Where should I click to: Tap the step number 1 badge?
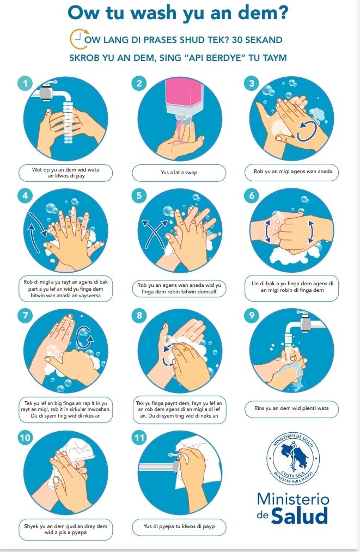click(x=25, y=83)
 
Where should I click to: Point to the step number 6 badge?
click(x=252, y=195)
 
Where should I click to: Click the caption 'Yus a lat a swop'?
click(x=179, y=173)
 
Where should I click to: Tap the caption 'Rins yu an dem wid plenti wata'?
click(x=291, y=408)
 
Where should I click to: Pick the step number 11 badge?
click(x=139, y=438)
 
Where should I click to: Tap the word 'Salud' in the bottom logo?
click(x=300, y=516)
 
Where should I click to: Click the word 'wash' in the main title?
click(x=156, y=13)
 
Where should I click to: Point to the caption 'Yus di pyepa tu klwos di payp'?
click(x=179, y=526)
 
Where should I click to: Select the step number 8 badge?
click(x=139, y=315)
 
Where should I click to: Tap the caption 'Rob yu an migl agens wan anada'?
click(x=292, y=171)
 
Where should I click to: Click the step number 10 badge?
click(x=25, y=438)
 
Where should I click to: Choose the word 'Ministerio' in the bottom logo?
click(x=293, y=499)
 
